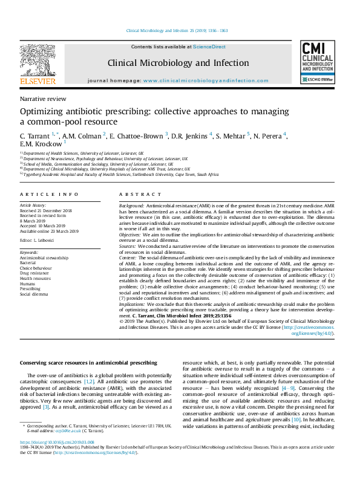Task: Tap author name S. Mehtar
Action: coord(234,136)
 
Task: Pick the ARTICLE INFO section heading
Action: coord(49,194)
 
